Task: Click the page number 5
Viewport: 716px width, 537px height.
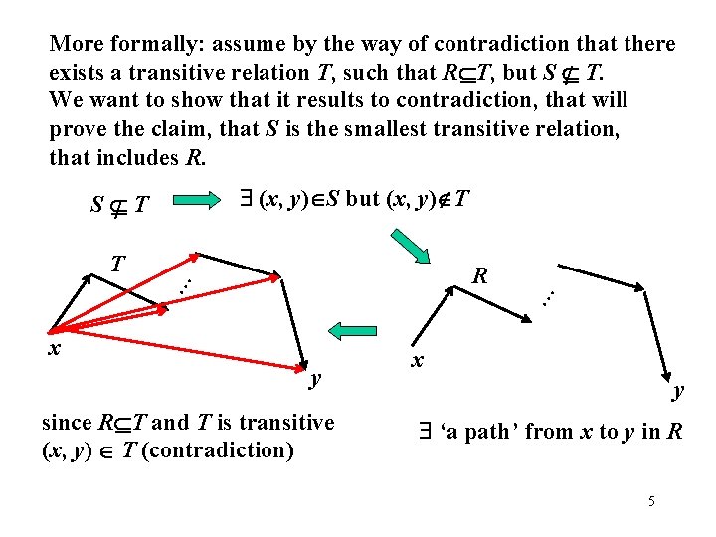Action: [x=651, y=501]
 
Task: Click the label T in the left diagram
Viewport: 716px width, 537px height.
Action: [x=117, y=265]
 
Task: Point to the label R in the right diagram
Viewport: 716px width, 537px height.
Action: [x=479, y=275]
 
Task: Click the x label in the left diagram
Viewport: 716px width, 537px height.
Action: [x=56, y=348]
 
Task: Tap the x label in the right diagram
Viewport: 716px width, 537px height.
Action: [x=419, y=359]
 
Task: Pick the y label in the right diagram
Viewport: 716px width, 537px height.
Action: [x=678, y=390]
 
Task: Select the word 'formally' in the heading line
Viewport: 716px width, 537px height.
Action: [x=140, y=44]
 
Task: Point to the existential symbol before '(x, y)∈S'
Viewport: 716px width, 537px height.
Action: [x=246, y=199]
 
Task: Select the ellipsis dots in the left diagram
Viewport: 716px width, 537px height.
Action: [x=184, y=281]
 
